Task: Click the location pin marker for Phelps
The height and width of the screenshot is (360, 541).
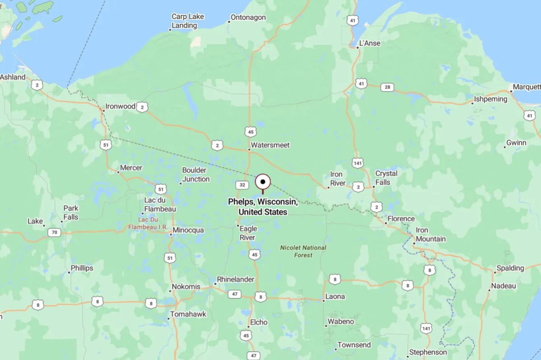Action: coord(263,182)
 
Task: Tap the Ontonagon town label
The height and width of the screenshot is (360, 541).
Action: coord(248,18)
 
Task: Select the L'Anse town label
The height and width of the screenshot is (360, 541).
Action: coord(369,43)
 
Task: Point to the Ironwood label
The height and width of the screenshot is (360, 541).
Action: coord(120,107)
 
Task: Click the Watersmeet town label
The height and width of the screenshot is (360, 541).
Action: coord(270,145)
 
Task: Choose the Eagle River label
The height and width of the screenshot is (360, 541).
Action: coord(248,233)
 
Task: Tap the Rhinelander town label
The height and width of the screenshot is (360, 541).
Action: coord(235,280)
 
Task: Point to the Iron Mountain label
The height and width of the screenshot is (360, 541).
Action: coord(430,235)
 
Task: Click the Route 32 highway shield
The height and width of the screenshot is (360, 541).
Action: coord(243,185)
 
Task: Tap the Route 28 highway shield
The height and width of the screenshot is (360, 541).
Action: coord(387,87)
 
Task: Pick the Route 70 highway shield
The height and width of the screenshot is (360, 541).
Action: coord(54,233)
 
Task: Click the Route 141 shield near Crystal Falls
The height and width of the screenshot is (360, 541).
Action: coord(358,163)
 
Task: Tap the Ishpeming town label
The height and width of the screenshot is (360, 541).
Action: coord(491,99)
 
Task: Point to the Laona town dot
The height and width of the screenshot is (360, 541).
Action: coord(323,301)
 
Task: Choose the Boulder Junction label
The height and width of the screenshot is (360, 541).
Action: coord(196,175)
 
